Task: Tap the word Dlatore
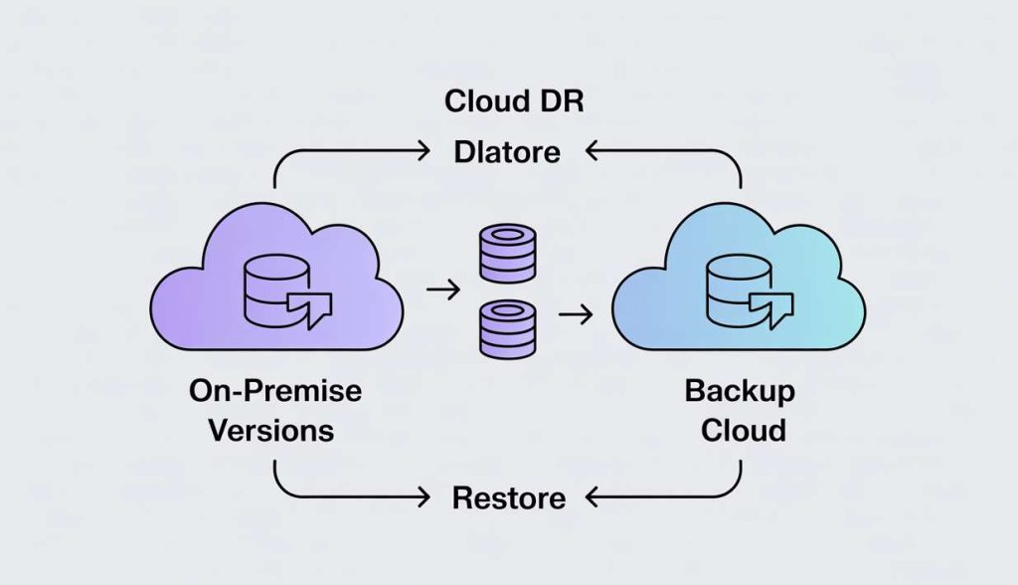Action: coord(507,153)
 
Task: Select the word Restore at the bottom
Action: coord(508,496)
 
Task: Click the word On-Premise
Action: coord(275,391)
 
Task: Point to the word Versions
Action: coord(275,431)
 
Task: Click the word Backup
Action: coord(740,391)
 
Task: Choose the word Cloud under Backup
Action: coord(743,431)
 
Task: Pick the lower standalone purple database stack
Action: coord(508,330)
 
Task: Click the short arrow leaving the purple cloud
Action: coord(441,290)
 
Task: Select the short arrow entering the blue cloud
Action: coord(576,315)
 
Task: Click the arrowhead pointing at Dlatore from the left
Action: coord(424,152)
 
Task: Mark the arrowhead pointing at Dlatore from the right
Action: coord(591,152)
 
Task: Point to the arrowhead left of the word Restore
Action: coord(424,495)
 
